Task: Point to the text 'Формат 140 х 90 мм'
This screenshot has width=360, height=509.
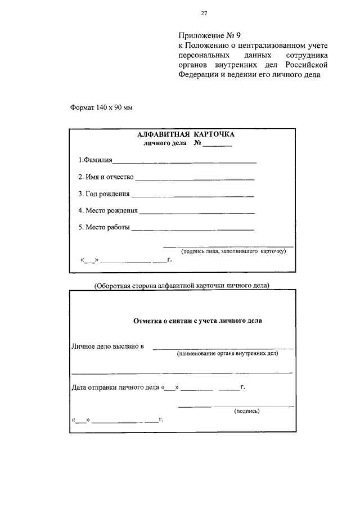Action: tap(101, 107)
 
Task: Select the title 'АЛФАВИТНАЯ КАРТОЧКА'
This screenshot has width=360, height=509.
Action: tap(185, 135)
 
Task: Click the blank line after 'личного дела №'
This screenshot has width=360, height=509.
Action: tap(217, 146)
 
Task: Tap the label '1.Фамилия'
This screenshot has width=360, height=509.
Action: tap(95, 160)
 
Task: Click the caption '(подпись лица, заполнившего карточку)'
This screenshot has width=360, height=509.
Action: tap(233, 251)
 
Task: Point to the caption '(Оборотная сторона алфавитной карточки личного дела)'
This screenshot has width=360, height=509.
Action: tap(182, 285)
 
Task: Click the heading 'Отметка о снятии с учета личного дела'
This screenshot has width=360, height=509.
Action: tap(197, 321)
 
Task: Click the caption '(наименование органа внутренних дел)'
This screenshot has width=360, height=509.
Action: tap(227, 354)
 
